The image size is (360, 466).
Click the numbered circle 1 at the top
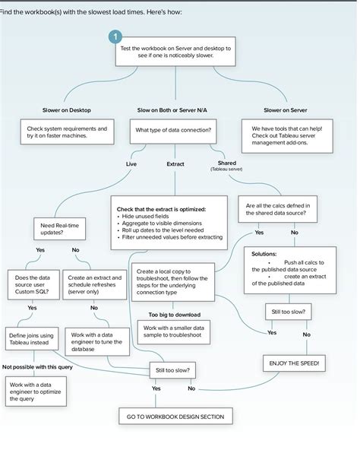(115, 36)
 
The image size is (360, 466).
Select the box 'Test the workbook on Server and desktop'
(175, 52)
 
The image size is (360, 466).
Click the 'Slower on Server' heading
(286, 110)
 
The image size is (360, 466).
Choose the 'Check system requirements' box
(68, 132)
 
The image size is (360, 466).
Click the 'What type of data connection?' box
(174, 132)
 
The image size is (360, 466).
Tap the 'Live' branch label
(131, 163)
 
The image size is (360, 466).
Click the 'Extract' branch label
(175, 163)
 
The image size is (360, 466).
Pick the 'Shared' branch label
(226, 164)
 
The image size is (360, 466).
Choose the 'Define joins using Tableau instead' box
(31, 339)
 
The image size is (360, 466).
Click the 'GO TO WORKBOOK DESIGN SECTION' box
(175, 417)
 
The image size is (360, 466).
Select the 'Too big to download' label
(174, 314)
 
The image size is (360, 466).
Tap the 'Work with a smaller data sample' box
(174, 331)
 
